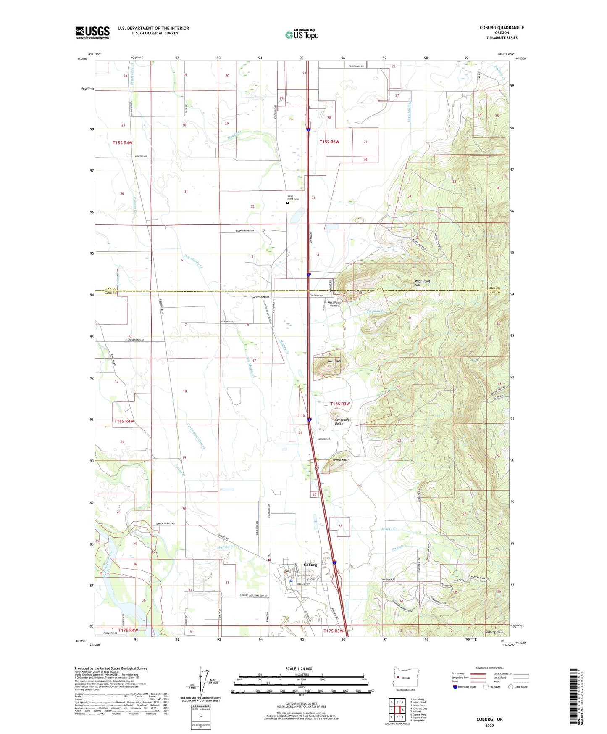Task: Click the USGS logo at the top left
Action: coord(92,32)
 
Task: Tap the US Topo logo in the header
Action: coord(302,34)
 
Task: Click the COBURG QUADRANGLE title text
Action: coord(502,28)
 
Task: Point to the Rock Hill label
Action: coord(334,361)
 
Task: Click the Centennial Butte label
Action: coord(342,421)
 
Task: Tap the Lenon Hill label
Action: coord(340,460)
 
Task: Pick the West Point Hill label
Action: coord(422,283)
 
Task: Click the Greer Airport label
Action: coord(261,297)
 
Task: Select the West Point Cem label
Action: coord(293,198)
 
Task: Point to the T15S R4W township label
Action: coord(122,143)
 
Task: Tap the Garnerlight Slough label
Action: coord(196,436)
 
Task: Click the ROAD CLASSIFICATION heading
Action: coord(489,668)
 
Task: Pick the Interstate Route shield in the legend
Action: coord(456,687)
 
